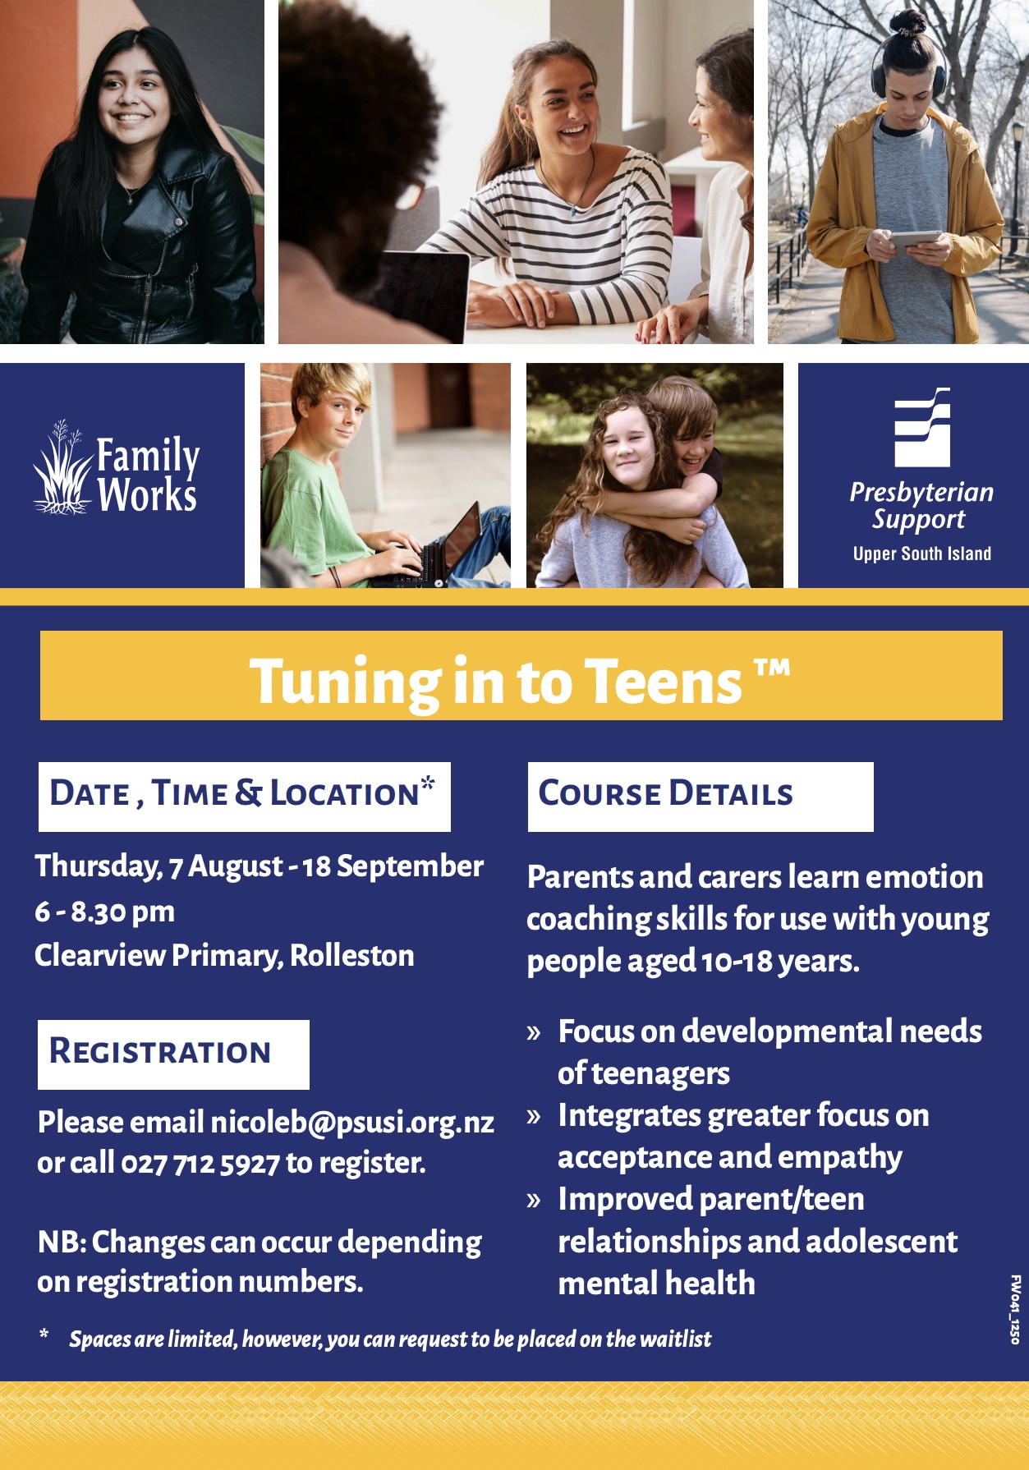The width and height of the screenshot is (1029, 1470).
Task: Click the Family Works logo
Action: [117, 468]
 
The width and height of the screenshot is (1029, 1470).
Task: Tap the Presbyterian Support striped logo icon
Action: [922, 427]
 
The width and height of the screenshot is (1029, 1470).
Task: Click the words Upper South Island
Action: [922, 554]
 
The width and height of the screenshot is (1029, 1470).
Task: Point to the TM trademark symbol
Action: [772, 667]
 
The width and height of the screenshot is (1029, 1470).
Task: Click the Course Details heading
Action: [665, 793]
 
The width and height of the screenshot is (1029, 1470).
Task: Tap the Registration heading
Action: [160, 1051]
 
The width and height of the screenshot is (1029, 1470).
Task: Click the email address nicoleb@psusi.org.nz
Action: [352, 1122]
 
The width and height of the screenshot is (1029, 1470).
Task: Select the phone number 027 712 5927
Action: [200, 1163]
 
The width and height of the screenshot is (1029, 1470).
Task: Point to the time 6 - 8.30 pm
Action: [105, 912]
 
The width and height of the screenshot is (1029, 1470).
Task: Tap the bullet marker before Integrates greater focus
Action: [535, 1117]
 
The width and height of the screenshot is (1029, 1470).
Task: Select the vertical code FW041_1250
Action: [1015, 1309]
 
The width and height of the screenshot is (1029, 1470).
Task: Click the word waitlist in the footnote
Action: [675, 1339]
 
